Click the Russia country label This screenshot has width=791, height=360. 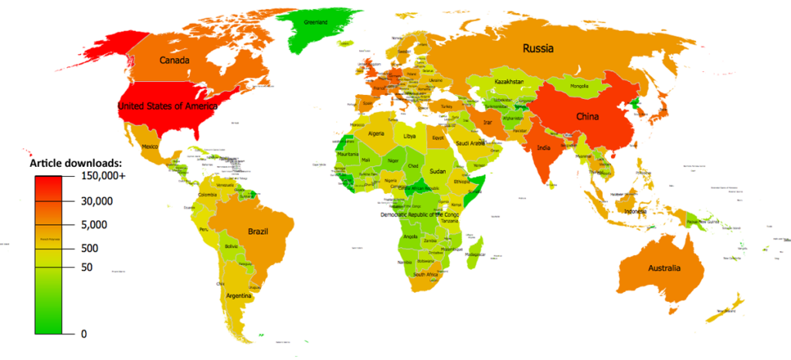pos(538,48)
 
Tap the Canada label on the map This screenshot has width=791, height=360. pos(175,59)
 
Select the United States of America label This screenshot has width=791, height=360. pos(167,107)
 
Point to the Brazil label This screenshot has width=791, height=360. pos(257,231)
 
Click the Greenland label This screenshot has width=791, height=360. pos(315,22)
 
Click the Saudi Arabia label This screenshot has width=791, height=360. pos(470,144)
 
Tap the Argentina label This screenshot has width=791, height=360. pos(241,296)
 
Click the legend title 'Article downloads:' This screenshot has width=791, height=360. pos(76,164)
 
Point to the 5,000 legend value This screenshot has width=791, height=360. pos(98,225)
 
